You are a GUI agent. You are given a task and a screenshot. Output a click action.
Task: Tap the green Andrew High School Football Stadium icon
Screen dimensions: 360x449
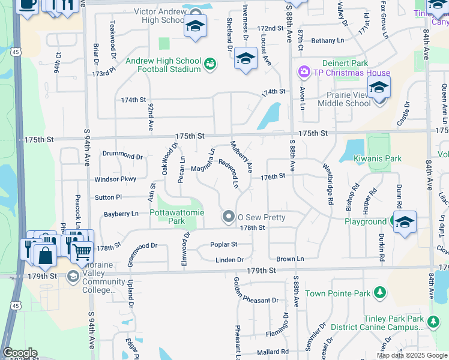[210, 64]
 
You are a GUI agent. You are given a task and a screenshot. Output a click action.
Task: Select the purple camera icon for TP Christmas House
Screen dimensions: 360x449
[304, 73]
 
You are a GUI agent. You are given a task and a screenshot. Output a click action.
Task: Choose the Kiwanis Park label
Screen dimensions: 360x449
[377, 158]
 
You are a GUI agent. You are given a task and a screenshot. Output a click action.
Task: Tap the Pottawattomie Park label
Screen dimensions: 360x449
[160, 217]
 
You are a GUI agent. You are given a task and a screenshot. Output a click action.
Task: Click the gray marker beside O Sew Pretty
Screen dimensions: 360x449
[228, 217]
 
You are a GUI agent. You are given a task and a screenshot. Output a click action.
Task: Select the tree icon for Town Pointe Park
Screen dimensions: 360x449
[379, 293]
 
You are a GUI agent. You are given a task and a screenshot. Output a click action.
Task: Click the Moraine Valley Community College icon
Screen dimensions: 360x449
[73, 276]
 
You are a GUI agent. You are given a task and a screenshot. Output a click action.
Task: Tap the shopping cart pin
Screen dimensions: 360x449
[82, 251]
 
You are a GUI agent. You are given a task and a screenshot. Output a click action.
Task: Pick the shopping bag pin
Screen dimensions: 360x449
[45, 254]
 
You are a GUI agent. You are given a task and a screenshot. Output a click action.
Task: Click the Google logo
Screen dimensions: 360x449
[20, 353]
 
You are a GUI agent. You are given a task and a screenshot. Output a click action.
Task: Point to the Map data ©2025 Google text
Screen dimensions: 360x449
[412, 355]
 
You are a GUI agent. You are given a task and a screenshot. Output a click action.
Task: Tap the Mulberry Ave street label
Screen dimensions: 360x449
[242, 155]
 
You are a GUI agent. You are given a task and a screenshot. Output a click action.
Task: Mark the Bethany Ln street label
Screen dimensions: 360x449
[327, 41]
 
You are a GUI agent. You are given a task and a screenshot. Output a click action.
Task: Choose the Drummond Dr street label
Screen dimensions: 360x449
[122, 156]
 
